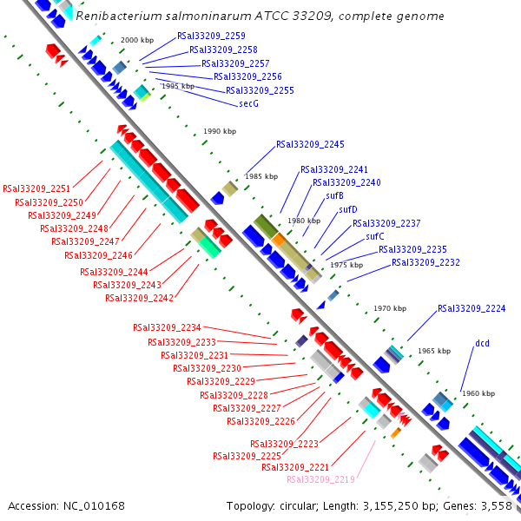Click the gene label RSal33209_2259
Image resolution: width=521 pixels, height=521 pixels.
(x=211, y=36)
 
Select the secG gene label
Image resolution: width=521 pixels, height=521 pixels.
(x=248, y=103)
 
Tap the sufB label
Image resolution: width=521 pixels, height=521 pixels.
(x=334, y=195)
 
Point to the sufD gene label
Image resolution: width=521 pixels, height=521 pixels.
(x=348, y=209)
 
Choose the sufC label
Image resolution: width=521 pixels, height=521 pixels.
(x=375, y=236)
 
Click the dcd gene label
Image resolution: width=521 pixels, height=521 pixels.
(x=482, y=343)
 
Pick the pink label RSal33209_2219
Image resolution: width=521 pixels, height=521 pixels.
(x=321, y=479)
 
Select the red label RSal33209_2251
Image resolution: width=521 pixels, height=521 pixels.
(x=36, y=188)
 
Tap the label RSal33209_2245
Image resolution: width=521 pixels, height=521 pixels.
(x=310, y=144)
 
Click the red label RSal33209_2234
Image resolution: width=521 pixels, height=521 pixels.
(x=167, y=328)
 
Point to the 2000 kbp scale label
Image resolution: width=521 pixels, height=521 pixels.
(x=137, y=40)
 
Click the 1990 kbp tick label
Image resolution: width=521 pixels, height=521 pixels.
(x=220, y=131)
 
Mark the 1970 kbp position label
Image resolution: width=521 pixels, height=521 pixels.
(x=390, y=308)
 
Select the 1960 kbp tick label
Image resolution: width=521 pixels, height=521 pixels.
(x=478, y=393)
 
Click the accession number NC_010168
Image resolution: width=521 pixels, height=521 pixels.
(x=94, y=506)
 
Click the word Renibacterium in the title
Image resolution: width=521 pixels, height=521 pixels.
(x=119, y=16)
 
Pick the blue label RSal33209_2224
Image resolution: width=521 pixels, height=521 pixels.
(x=472, y=308)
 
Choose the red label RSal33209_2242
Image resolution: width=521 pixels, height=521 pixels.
(x=140, y=298)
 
